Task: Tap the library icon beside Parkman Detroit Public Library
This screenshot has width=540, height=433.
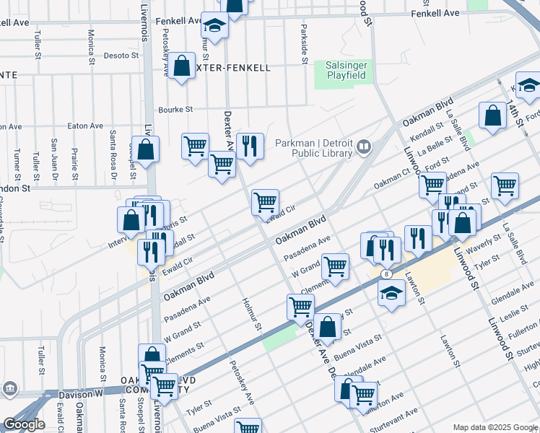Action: point(364,148)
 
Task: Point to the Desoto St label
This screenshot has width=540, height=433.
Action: point(120,55)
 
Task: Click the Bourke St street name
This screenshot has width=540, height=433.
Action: point(176,110)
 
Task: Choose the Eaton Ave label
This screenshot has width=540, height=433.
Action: point(85,126)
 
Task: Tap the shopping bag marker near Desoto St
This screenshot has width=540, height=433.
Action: point(183,66)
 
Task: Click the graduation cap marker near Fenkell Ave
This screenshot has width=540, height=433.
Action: point(214,26)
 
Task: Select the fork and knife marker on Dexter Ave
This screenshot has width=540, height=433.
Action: point(248,146)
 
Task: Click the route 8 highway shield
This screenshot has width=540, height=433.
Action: point(388,274)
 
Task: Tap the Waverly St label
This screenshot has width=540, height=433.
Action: point(484,246)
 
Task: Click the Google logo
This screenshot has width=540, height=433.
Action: point(23,424)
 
